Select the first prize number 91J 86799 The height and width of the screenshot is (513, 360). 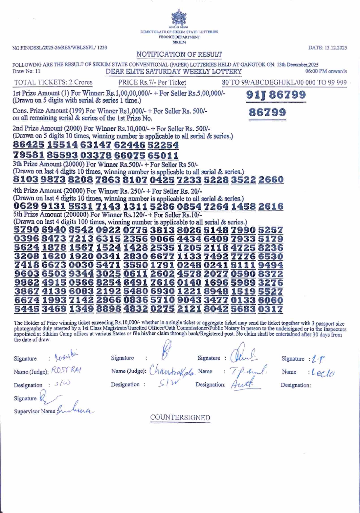coord(276,95)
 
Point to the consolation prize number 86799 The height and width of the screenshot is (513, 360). coord(267,112)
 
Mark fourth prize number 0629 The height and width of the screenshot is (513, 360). coord(26,206)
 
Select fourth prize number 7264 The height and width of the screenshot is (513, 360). coord(216,206)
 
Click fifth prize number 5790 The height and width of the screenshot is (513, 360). coord(26,230)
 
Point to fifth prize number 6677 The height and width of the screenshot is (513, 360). coord(162,257)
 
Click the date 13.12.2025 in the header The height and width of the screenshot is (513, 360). coord(328,48)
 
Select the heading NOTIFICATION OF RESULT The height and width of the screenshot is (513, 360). coord(179,54)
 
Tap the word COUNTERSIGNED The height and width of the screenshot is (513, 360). coord(180,418)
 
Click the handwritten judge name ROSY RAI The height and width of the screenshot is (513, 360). coord(66,370)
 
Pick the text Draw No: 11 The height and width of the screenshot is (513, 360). coord(26,71)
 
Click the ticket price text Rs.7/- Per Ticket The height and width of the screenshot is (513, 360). coord(152,83)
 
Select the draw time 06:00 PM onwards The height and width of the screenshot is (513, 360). coord(326,71)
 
